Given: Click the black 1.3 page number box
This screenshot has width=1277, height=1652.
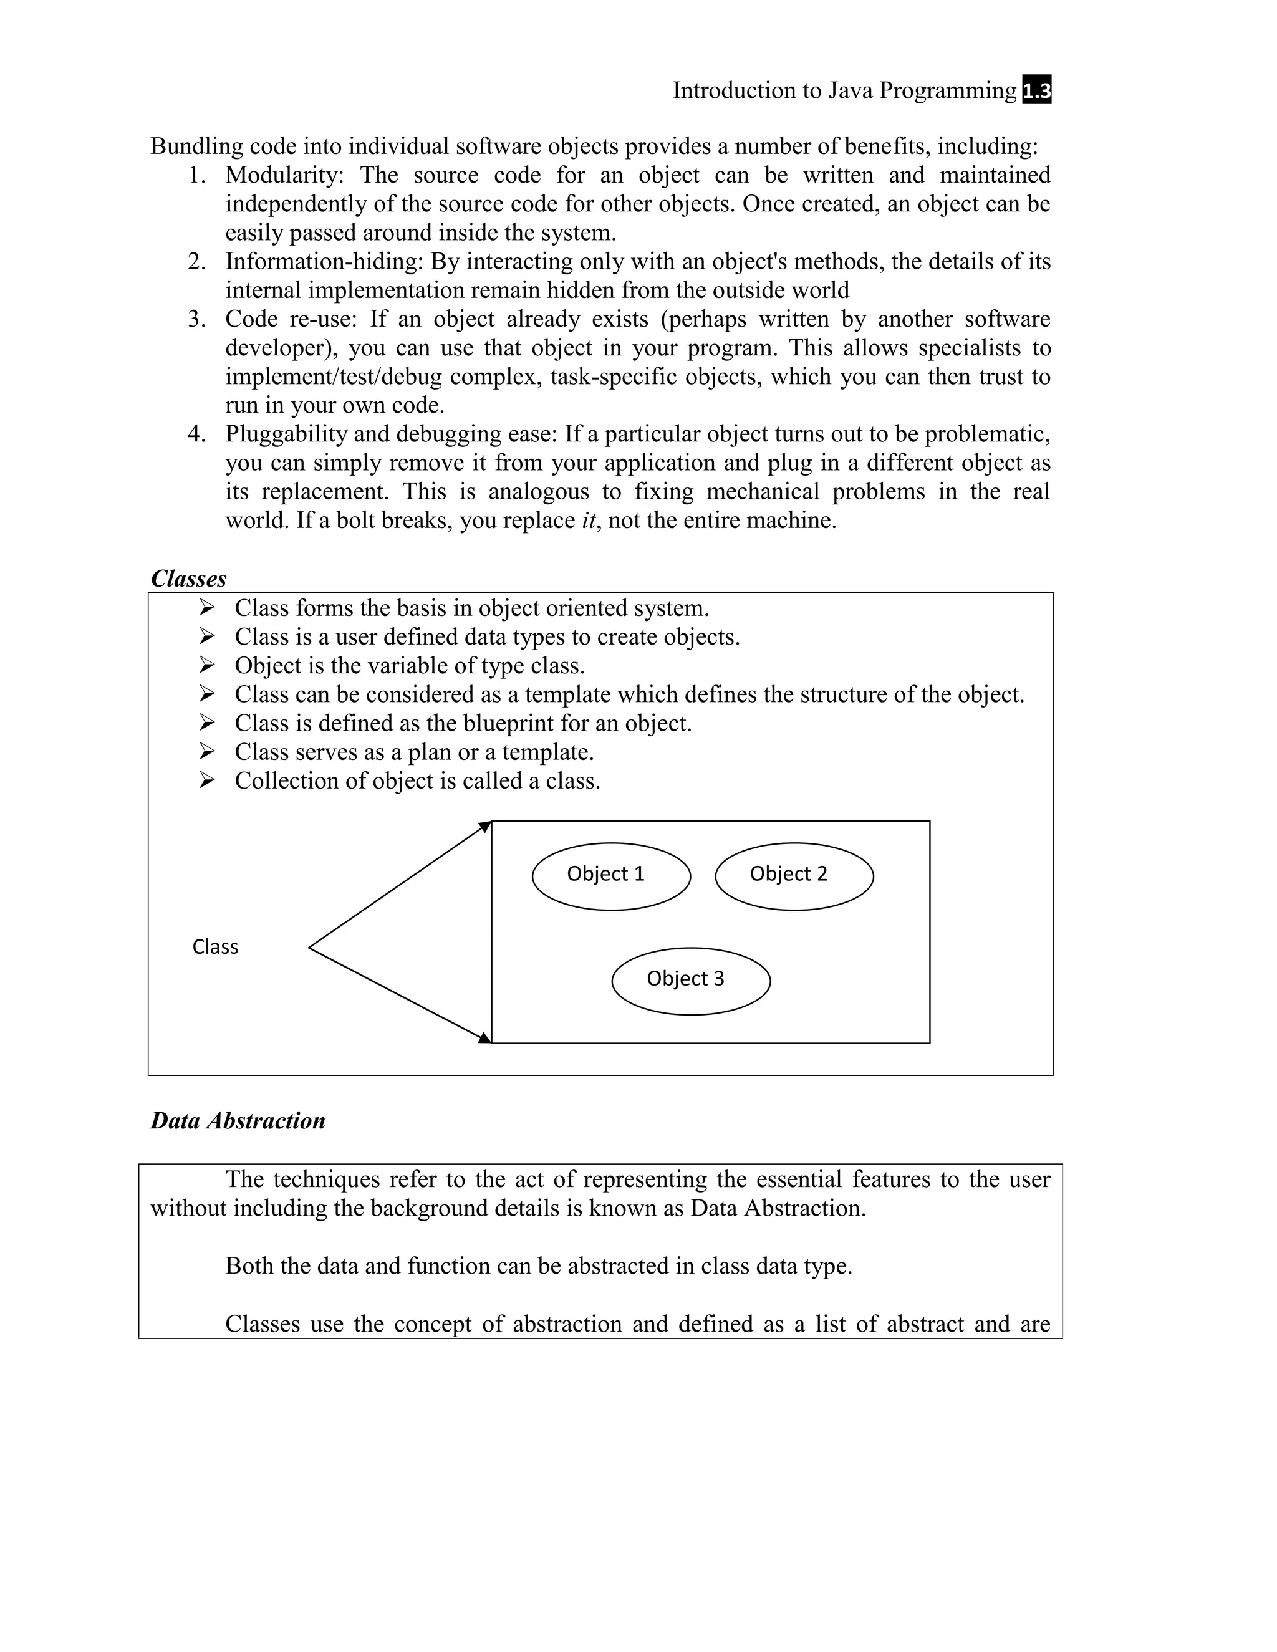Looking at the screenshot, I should pyautogui.click(x=1036, y=91).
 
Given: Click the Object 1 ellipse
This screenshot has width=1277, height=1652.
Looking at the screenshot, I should pyautogui.click(x=611, y=876).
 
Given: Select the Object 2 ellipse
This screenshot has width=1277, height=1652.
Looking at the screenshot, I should pyautogui.click(x=794, y=876).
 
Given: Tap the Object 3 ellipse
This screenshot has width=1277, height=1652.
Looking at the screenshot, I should pyautogui.click(x=691, y=981).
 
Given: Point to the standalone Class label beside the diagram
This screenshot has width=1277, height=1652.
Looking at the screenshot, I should pyautogui.click(x=215, y=947).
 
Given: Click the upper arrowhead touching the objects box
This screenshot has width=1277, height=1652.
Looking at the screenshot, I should pyautogui.click(x=486, y=826).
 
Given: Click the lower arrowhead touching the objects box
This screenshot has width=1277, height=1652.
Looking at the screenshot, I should pyautogui.click(x=486, y=1038).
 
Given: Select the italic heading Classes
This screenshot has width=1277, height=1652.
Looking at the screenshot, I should pyautogui.click(x=188, y=579).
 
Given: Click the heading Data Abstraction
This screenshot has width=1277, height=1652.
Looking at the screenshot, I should pyautogui.click(x=238, y=1120).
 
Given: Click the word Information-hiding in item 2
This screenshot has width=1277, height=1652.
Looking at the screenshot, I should pyautogui.click(x=324, y=262).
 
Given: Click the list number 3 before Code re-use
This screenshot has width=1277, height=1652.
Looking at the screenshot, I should pyautogui.click(x=195, y=319).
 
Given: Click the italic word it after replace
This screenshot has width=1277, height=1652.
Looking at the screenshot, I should pyautogui.click(x=588, y=521).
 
